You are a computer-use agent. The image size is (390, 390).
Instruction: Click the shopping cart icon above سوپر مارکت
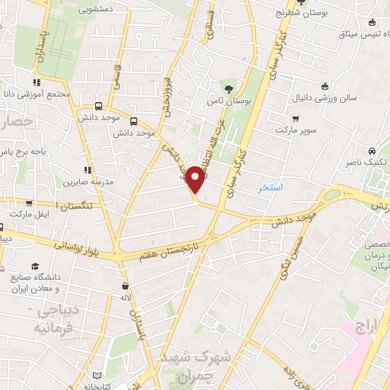(296, 119)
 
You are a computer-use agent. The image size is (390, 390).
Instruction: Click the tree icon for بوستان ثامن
(229, 87)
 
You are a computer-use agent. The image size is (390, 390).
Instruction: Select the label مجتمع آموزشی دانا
(37, 94)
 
